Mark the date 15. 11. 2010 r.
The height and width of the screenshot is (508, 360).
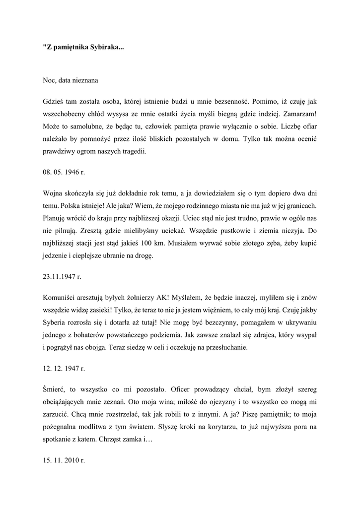pos(64,460)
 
